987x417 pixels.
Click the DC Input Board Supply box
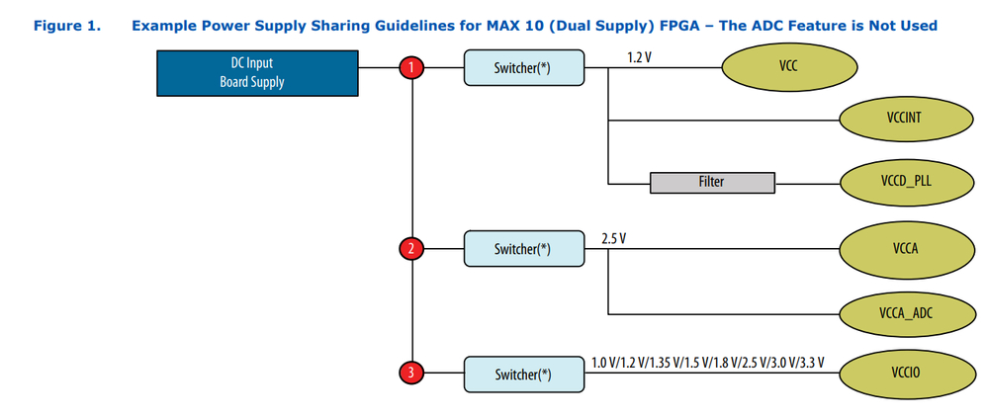251,73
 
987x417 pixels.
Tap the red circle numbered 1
410,69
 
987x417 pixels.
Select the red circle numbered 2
410,248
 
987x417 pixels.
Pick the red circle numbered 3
410,374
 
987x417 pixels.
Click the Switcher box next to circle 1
522,70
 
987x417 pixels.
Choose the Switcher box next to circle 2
522,249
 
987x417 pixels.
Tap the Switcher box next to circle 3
522,374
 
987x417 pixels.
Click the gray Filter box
711,183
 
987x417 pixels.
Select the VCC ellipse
788,68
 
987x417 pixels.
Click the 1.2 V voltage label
640,58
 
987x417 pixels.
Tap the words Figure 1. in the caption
67,25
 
